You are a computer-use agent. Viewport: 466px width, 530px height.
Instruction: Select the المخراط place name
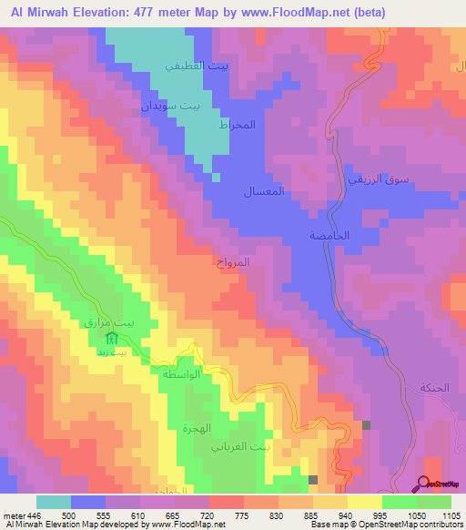[235, 124]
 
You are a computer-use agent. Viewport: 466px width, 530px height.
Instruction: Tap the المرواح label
[258, 262]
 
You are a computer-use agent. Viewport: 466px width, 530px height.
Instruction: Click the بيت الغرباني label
[240, 447]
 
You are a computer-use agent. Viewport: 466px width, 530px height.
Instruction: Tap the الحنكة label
[434, 387]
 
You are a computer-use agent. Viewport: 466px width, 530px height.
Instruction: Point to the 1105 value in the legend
[451, 515]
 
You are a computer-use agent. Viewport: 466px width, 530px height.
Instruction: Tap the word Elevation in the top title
[97, 13]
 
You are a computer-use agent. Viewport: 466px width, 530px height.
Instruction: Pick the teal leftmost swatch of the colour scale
[53, 502]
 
